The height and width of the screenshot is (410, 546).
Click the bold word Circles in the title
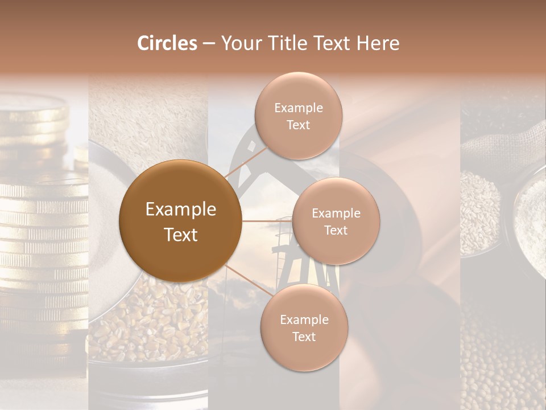[167, 43]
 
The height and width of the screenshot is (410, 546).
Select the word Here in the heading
[378, 43]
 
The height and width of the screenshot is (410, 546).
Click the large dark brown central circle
[180, 221]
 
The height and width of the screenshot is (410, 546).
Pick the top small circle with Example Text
[298, 116]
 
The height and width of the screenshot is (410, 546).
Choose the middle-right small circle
[336, 221]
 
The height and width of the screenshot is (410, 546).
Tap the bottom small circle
[304, 327]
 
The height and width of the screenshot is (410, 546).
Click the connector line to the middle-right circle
[267, 221]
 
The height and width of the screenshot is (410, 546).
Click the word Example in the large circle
[180, 210]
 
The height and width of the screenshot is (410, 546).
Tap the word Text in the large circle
[180, 235]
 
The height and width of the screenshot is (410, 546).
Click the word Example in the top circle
[298, 108]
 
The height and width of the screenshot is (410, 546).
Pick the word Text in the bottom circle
[304, 337]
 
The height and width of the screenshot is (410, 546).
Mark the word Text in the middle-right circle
[336, 230]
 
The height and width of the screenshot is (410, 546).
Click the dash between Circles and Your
[209, 44]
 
